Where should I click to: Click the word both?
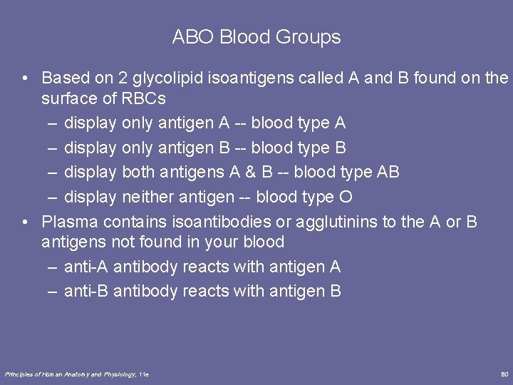point(138,172)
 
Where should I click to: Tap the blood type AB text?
point(388,172)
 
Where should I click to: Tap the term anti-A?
point(86,267)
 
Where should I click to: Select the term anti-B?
point(86,291)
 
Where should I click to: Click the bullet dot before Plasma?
point(25,221)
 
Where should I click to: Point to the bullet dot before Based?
point(25,77)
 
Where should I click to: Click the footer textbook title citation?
point(77,374)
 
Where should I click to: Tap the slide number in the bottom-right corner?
point(504,374)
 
